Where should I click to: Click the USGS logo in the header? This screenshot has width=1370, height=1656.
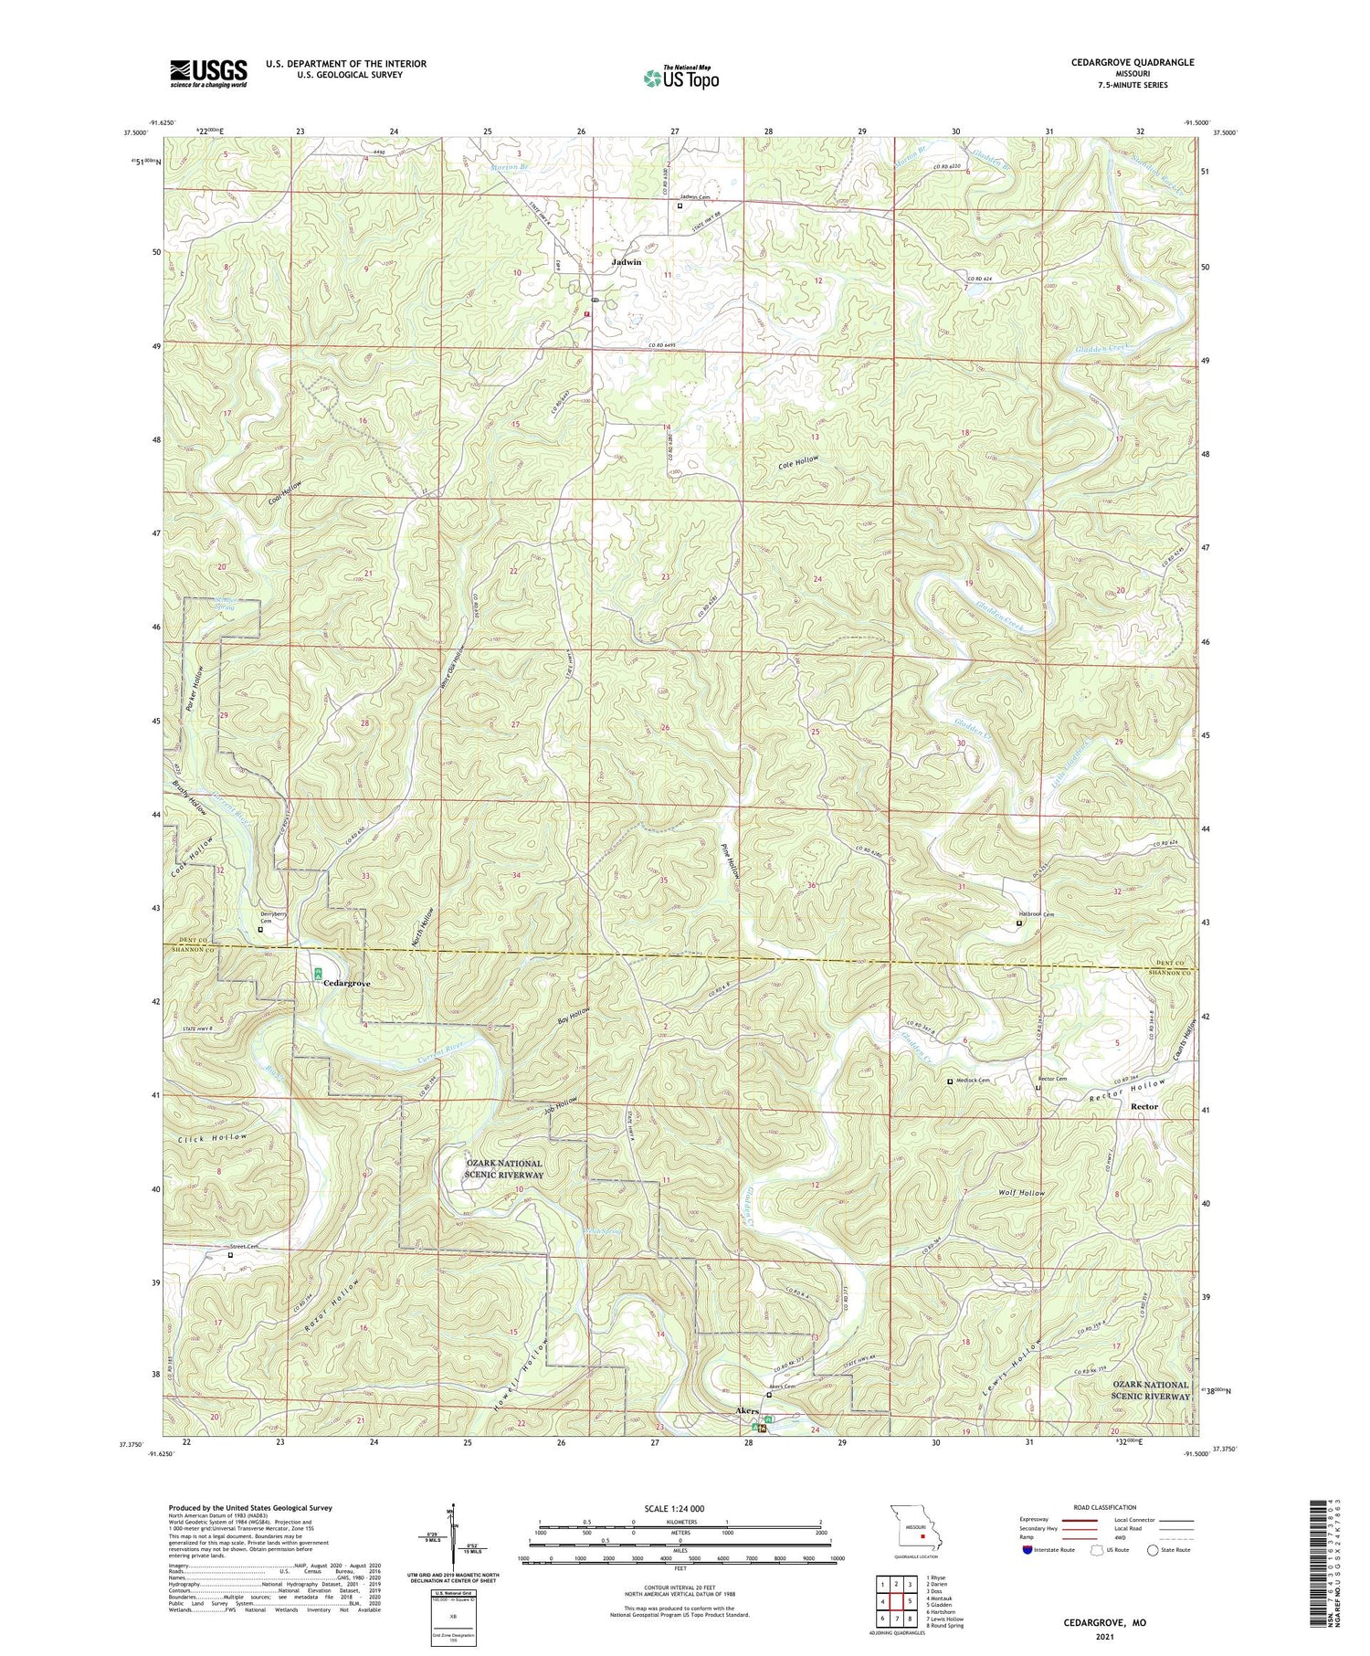pos(208,73)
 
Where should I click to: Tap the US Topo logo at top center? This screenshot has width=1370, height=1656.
pos(680,78)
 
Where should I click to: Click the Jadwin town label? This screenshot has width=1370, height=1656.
pos(626,261)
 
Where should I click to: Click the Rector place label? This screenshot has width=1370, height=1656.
pos(1143,1106)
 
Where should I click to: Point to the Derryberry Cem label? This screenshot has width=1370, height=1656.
pos(274,918)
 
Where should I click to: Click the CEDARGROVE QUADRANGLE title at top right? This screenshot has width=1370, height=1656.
pos(1133,62)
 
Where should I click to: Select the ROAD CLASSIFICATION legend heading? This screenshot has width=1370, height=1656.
pos(1105,1507)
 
